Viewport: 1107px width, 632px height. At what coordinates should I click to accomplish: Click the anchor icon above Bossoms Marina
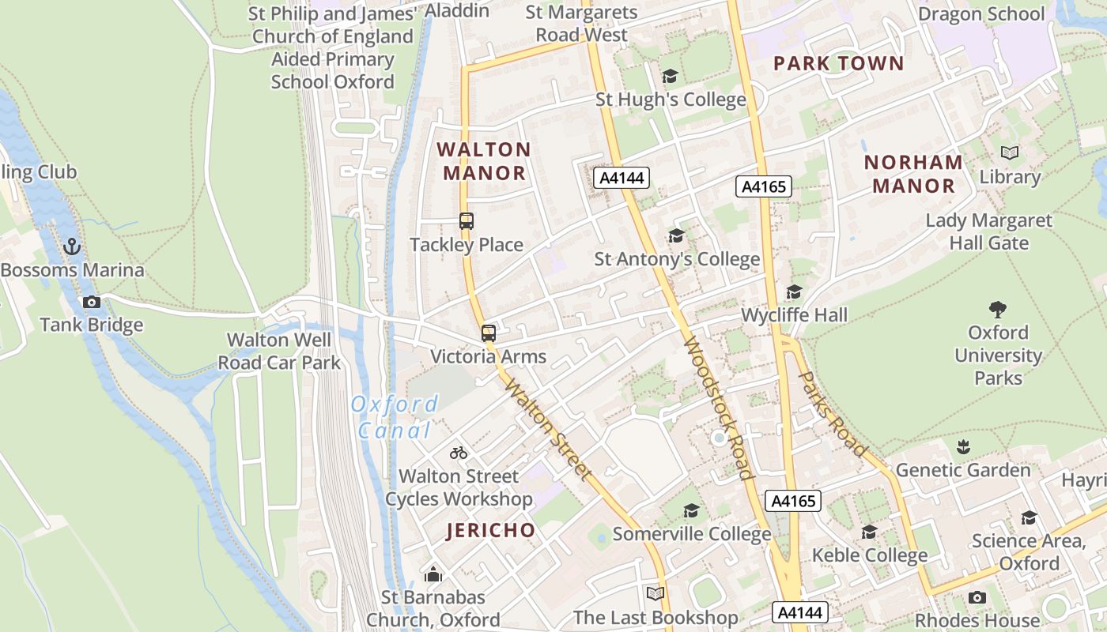(x=72, y=246)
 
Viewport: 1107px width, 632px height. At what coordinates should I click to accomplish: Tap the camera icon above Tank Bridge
(x=92, y=302)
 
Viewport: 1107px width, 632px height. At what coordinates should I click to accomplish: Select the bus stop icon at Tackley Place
(x=467, y=221)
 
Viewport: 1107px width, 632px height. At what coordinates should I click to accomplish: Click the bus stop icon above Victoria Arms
(x=489, y=333)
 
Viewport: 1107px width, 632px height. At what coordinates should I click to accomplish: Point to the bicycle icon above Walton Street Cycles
(x=459, y=453)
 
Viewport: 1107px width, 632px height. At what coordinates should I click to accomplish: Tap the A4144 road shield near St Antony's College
(x=622, y=178)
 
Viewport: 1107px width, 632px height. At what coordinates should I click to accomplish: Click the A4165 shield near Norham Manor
(x=764, y=186)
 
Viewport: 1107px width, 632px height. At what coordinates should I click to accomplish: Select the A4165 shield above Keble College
(x=793, y=500)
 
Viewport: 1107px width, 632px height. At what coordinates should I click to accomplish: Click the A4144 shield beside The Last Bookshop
(x=800, y=612)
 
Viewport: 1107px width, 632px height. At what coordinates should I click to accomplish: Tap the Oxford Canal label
(x=394, y=417)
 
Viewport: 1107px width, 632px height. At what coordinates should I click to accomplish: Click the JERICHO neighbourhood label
(x=490, y=530)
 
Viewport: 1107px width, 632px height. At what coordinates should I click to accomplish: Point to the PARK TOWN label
(x=838, y=63)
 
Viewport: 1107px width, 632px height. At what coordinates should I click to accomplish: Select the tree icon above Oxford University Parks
(x=998, y=309)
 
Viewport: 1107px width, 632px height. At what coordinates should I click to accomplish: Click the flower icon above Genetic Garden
(x=963, y=447)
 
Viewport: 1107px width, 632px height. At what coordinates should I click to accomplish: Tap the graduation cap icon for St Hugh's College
(x=670, y=77)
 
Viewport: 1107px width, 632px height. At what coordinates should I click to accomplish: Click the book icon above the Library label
(x=1010, y=153)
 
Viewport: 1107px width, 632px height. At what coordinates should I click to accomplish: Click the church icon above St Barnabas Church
(x=433, y=574)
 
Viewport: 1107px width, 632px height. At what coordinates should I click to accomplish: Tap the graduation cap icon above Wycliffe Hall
(x=794, y=292)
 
